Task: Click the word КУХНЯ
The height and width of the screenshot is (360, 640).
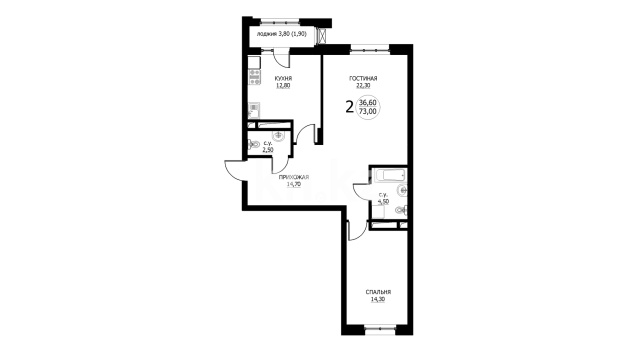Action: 283,78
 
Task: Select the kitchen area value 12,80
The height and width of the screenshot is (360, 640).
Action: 283,86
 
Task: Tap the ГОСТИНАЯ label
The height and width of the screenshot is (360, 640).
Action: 363,78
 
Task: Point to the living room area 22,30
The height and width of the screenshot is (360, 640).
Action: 363,86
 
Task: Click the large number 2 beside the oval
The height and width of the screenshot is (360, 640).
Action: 349,107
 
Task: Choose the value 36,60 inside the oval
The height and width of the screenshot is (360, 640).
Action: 368,103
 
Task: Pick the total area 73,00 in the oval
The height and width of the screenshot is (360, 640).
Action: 368,111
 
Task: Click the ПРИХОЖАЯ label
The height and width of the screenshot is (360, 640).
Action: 294,177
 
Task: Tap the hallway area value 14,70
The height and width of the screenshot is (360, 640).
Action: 294,184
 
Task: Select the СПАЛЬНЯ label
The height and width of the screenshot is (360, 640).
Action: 378,292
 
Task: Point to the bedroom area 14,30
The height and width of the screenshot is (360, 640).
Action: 378,300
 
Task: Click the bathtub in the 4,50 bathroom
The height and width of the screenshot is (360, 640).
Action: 390,176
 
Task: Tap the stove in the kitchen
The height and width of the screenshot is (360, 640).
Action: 254,77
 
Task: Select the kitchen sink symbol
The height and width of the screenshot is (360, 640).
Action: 254,109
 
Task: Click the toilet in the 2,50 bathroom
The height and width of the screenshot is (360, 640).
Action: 253,144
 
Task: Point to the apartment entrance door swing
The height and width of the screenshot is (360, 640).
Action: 235,170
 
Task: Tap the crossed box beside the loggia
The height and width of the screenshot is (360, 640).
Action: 323,36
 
